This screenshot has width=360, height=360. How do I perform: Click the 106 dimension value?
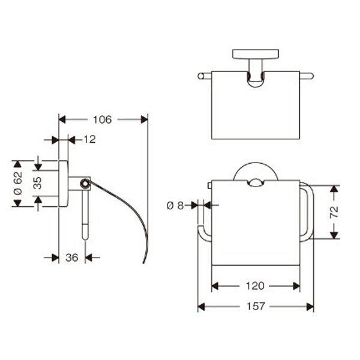point(102,119)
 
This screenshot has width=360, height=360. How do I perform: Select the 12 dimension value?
point(89,139)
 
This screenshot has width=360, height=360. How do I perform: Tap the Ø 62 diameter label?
point(18,184)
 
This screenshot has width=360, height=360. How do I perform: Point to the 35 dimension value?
point(38,183)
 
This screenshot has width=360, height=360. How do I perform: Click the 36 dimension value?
point(72,257)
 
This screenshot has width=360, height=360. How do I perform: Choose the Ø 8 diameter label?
point(175,206)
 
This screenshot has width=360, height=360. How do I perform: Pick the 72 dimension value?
point(334,212)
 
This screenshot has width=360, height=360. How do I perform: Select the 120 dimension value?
point(255,286)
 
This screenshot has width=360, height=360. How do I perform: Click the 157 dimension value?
point(256,306)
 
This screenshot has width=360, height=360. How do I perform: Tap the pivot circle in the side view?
point(85,183)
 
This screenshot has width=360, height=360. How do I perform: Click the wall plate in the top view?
point(256,54)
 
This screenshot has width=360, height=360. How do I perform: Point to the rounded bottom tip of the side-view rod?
point(85,238)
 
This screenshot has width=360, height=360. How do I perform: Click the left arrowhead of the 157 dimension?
point(201,307)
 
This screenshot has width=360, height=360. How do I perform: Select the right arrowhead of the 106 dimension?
point(145,119)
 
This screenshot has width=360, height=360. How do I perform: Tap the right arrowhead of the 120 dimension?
point(296,286)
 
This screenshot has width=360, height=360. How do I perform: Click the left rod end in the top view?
point(200,76)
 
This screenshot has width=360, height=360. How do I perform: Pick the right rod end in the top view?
point(311,76)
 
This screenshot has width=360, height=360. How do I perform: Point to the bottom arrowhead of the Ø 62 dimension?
point(17,203)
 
